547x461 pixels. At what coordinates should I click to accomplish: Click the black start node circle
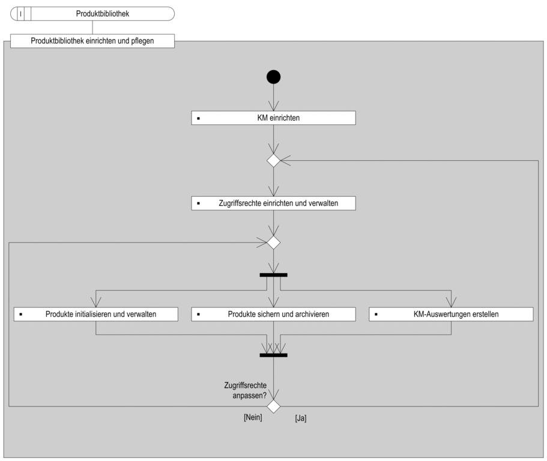(274, 77)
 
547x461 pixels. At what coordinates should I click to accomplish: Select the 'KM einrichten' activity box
(274, 118)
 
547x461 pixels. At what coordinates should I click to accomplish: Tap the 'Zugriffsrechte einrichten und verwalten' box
(274, 203)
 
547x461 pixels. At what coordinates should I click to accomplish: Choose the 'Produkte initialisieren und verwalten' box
(96, 314)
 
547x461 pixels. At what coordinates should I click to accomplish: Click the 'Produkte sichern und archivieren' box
(274, 314)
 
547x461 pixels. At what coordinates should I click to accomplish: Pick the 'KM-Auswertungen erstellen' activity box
(451, 314)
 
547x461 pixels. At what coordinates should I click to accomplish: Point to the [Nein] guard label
(253, 417)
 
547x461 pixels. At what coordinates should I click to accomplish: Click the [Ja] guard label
(301, 418)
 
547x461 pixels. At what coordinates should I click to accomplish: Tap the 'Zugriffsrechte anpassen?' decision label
(245, 391)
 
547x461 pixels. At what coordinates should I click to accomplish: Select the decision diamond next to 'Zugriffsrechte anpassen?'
(274, 406)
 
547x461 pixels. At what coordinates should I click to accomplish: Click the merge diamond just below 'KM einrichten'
(274, 161)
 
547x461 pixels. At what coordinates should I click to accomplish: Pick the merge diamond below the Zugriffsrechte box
(274, 243)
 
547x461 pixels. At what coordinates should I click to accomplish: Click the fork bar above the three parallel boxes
(274, 275)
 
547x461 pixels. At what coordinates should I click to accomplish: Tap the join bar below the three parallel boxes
(274, 355)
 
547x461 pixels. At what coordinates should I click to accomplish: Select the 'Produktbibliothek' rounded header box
(92, 14)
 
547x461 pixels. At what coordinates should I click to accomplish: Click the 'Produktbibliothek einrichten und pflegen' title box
(92, 41)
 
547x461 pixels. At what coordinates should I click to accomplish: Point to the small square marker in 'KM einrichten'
(199, 119)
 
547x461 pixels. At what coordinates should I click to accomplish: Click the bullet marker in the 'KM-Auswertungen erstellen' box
(376, 315)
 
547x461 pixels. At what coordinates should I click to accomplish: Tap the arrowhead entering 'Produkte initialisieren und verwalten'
(96, 302)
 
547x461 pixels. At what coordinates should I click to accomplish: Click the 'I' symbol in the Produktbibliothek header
(20, 14)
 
